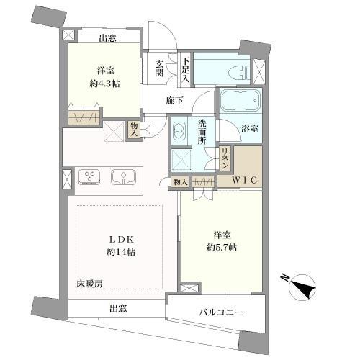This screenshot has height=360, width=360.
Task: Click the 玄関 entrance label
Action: (x=159, y=68)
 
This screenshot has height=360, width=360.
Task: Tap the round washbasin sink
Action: (x=178, y=132)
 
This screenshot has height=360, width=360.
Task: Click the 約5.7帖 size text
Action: (x=220, y=246)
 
